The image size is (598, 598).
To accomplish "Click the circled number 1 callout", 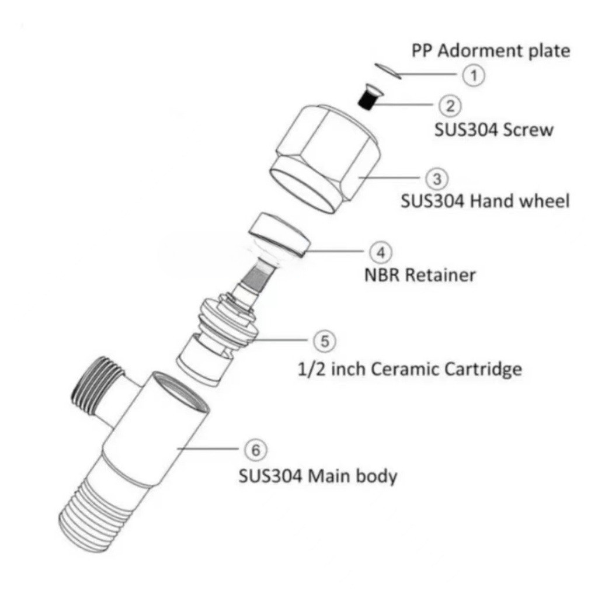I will (x=474, y=75).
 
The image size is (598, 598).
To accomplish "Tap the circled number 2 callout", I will (x=450, y=105).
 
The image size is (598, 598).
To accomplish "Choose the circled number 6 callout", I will (x=254, y=450).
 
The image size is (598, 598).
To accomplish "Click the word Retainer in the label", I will (x=440, y=274).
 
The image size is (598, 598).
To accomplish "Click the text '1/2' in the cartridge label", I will (x=310, y=369).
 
